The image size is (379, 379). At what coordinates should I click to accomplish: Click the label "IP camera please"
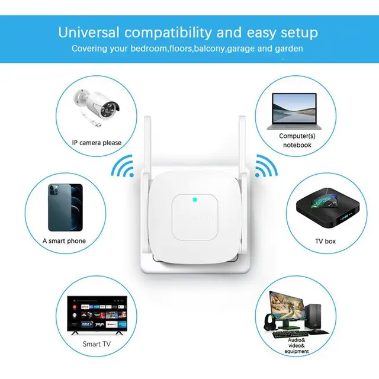click(x=97, y=143)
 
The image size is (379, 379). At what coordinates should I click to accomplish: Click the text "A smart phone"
click(x=64, y=241)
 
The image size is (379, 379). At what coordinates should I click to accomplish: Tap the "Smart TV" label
click(x=96, y=343)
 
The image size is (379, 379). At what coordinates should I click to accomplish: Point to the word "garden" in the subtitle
click(x=288, y=48)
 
